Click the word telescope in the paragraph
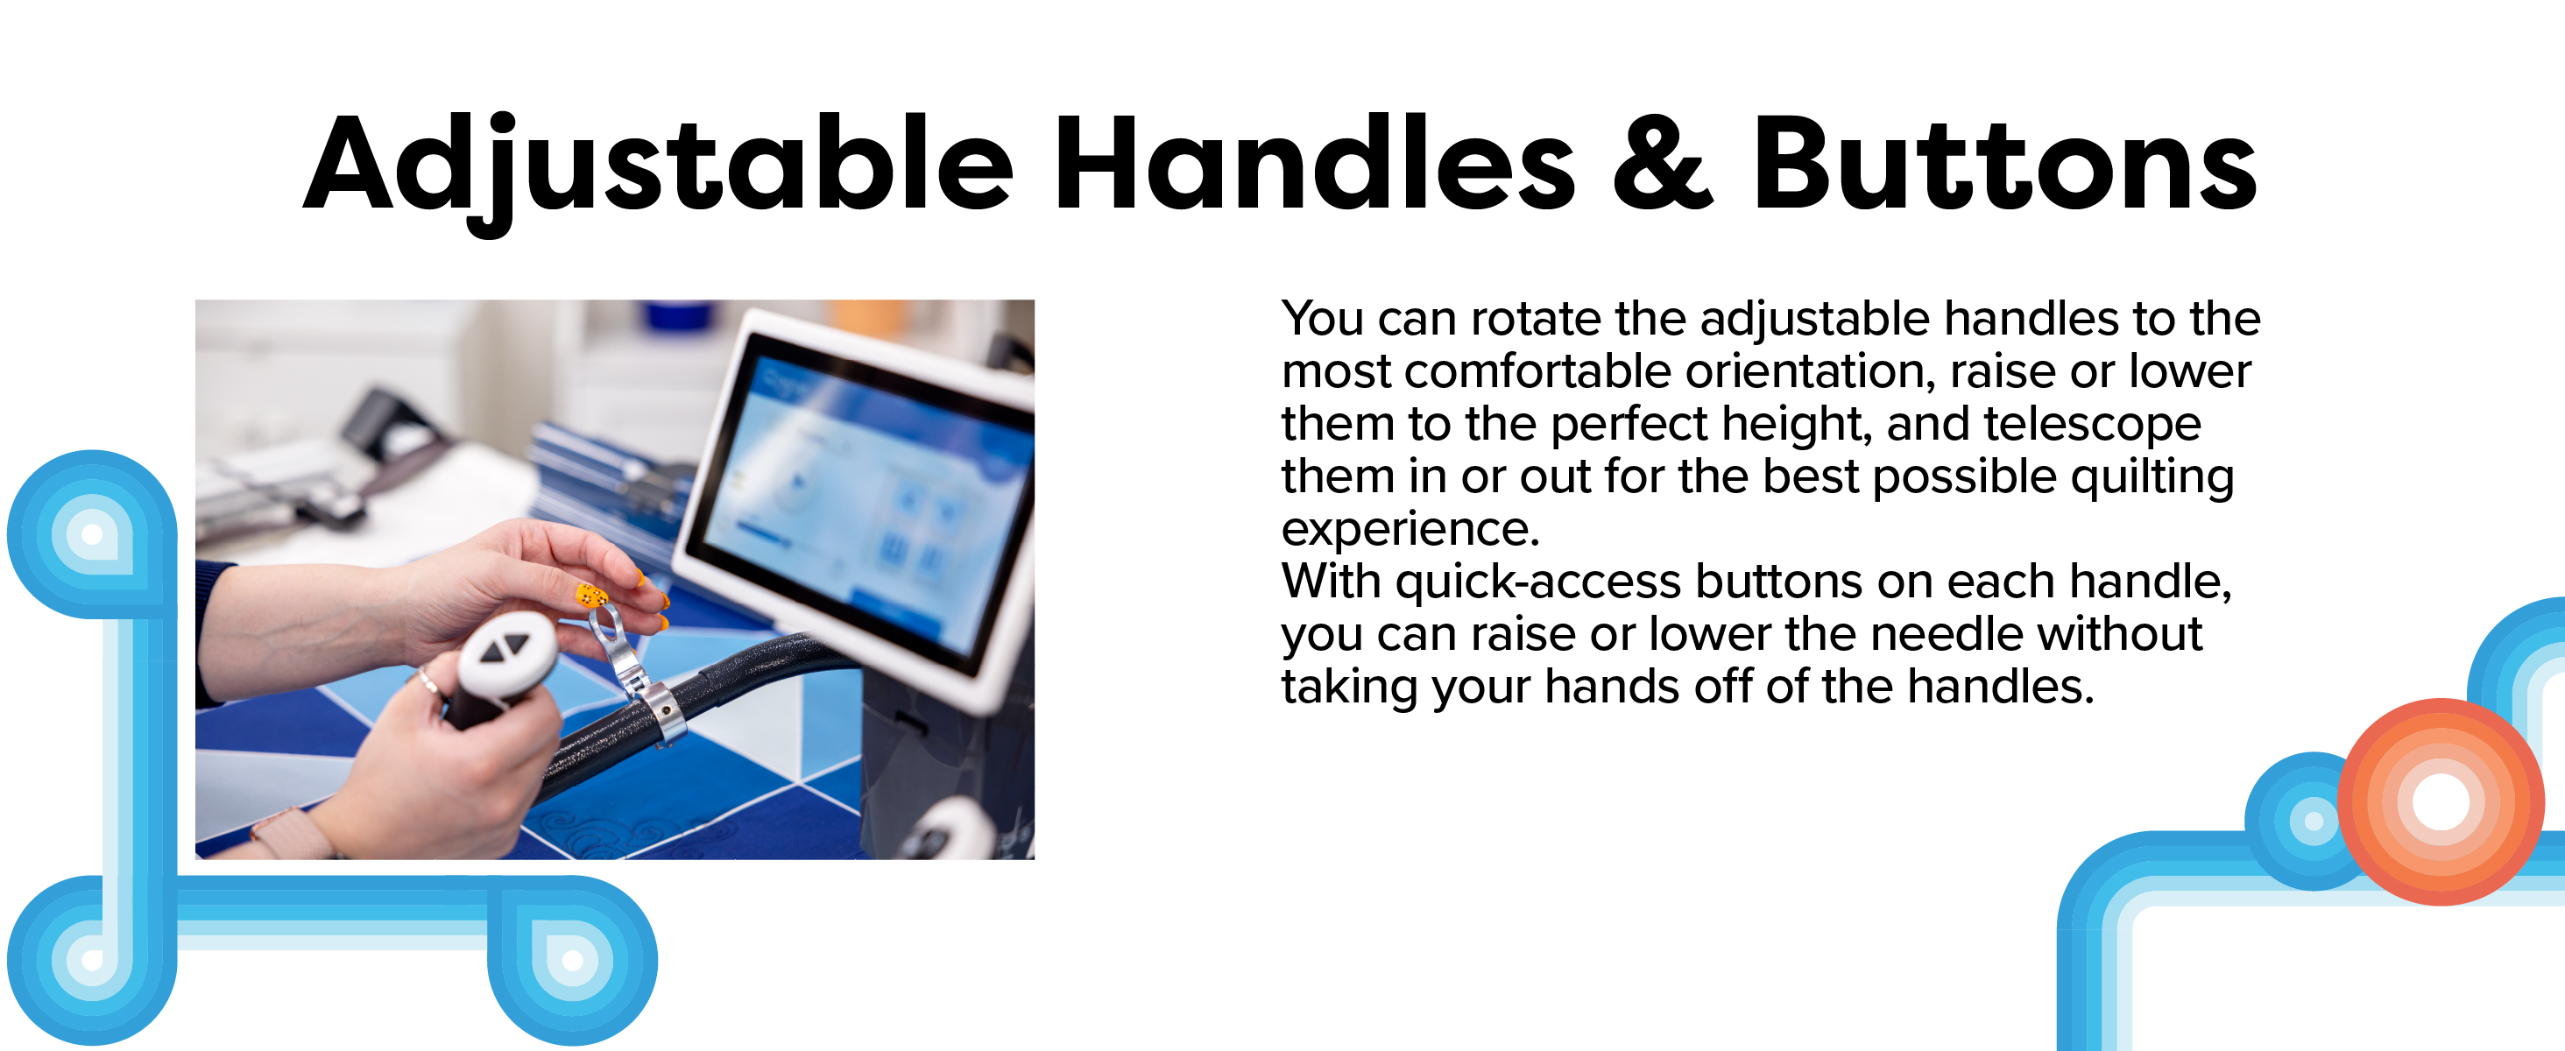2092,425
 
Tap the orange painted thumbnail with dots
591,596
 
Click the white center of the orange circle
2441,801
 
